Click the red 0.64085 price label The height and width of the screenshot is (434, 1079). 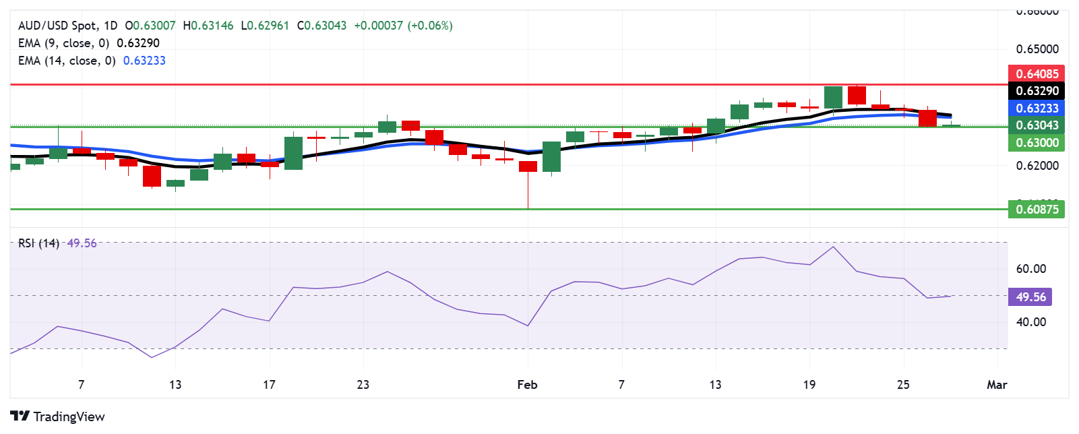coord(1037,73)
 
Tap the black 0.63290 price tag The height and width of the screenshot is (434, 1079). coord(1037,91)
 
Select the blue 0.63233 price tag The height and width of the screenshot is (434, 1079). coord(1037,108)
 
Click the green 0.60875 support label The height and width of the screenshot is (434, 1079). coord(1037,209)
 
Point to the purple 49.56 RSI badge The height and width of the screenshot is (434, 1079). coord(1030,297)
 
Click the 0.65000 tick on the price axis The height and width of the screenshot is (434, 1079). coord(1037,49)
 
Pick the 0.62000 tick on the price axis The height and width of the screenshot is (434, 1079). coord(1037,166)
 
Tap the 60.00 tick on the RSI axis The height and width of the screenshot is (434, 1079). coord(1030,269)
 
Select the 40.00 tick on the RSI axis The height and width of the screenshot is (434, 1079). coord(1030,322)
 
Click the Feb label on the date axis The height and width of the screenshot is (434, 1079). coord(527,385)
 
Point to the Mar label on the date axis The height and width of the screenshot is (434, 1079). coord(996,385)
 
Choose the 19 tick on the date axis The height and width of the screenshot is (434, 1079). coord(809,385)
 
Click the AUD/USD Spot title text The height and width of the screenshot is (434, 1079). coord(57,26)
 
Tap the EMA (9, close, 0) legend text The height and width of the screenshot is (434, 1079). coord(63,43)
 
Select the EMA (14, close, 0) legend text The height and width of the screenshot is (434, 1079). coord(67,61)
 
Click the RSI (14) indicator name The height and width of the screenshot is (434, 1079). coord(38,243)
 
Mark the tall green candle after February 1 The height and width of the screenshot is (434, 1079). coord(551,157)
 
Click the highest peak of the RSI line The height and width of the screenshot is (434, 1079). coord(833,247)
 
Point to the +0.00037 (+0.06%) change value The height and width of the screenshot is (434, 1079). coord(403,26)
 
